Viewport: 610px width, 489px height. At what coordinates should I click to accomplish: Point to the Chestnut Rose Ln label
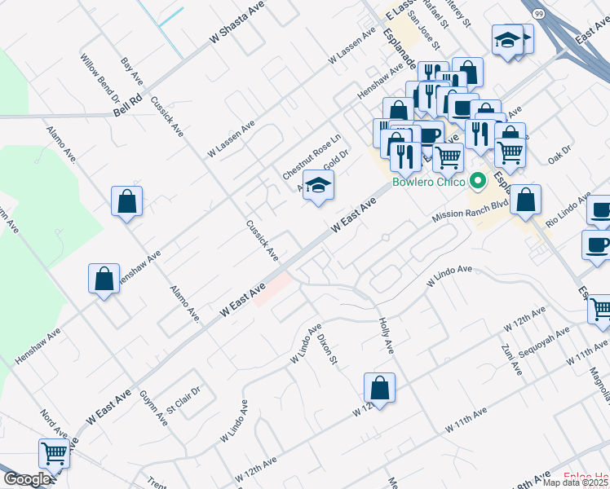[x=310, y=158]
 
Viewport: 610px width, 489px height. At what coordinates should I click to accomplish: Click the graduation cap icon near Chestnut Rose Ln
[x=318, y=184]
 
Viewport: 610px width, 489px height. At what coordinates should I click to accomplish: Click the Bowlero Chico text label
[x=427, y=182]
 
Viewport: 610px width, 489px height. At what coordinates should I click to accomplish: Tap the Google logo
[x=27, y=479]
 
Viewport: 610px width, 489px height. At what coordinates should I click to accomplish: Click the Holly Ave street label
[x=387, y=336]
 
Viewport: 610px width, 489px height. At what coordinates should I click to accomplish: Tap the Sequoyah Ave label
[x=546, y=346]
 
